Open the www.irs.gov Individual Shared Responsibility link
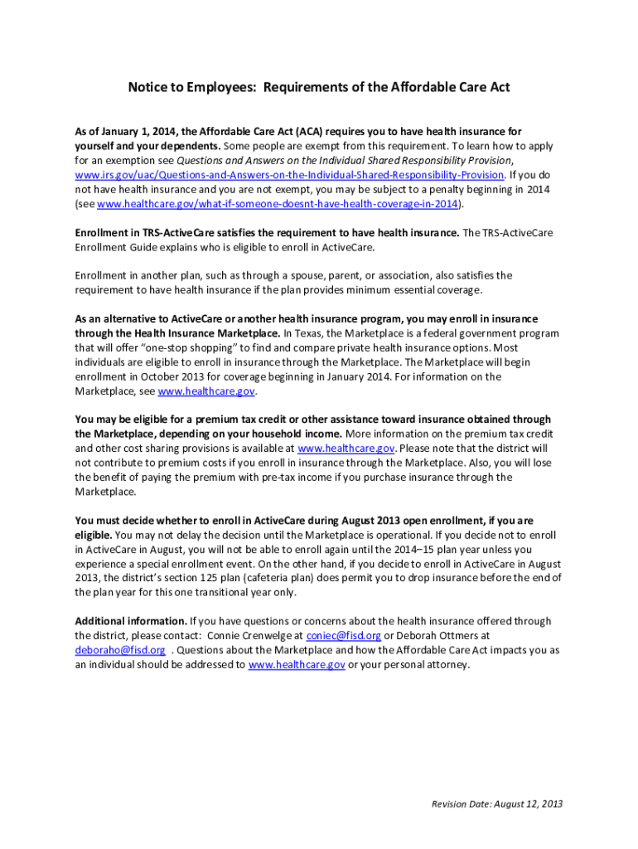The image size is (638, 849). pos(289,175)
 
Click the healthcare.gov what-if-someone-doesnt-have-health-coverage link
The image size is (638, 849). pos(278,204)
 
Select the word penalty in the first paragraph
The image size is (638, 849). pos(414,190)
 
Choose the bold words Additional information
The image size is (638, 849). pos(131,621)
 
